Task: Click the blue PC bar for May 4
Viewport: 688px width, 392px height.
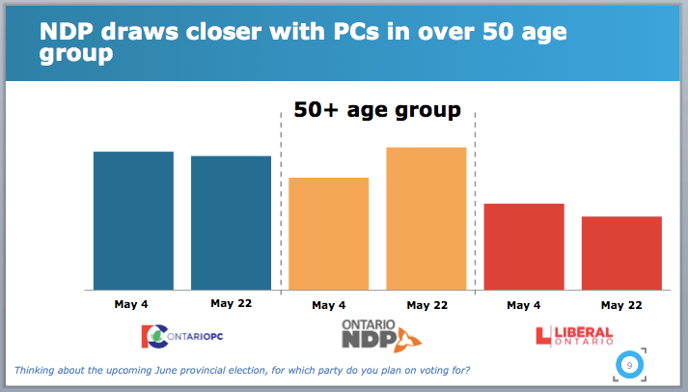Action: (x=133, y=220)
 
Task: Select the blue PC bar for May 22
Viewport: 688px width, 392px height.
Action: (x=231, y=222)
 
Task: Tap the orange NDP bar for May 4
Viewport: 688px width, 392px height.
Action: (x=328, y=233)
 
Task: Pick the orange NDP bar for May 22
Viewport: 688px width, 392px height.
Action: (x=426, y=217)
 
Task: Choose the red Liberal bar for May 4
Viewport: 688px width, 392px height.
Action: (x=523, y=246)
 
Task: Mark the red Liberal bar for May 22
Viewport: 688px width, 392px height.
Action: (x=620, y=252)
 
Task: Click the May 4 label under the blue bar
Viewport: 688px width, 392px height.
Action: (x=131, y=304)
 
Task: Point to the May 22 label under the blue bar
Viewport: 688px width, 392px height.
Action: (x=231, y=303)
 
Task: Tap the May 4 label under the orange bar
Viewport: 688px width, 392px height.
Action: (x=328, y=305)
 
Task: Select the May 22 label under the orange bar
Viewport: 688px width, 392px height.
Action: (x=427, y=305)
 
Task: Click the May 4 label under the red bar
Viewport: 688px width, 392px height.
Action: (x=523, y=305)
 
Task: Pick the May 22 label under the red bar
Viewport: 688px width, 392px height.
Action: (x=621, y=305)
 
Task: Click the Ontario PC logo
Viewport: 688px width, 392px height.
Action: (x=182, y=335)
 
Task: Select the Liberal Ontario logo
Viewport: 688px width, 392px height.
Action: (x=574, y=336)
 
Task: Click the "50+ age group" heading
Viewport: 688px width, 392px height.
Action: (x=377, y=110)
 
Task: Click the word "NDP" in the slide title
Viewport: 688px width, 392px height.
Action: (x=68, y=32)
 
